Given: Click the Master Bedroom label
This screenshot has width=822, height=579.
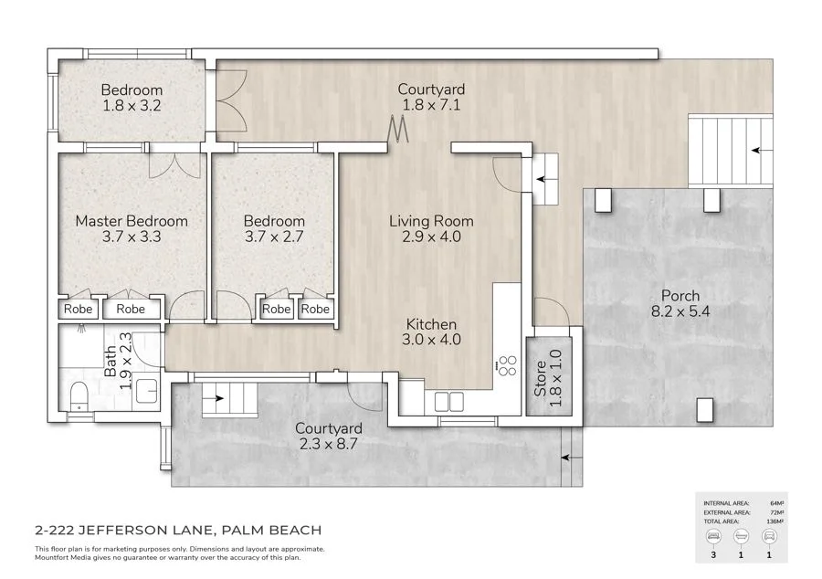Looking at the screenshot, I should pyautogui.click(x=132, y=221).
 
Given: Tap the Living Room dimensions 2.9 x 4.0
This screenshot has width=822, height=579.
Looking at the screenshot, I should pyautogui.click(x=431, y=237).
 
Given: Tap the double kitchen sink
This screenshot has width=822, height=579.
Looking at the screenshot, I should pyautogui.click(x=449, y=401).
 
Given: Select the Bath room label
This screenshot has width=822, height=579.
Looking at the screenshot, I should pyautogui.click(x=111, y=363).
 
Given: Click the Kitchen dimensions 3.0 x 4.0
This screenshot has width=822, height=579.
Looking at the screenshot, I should pyautogui.click(x=431, y=340).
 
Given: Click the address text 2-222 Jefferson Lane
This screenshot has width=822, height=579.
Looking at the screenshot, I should pyautogui.click(x=177, y=530).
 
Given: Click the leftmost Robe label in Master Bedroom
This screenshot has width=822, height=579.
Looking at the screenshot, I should pyautogui.click(x=79, y=310).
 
